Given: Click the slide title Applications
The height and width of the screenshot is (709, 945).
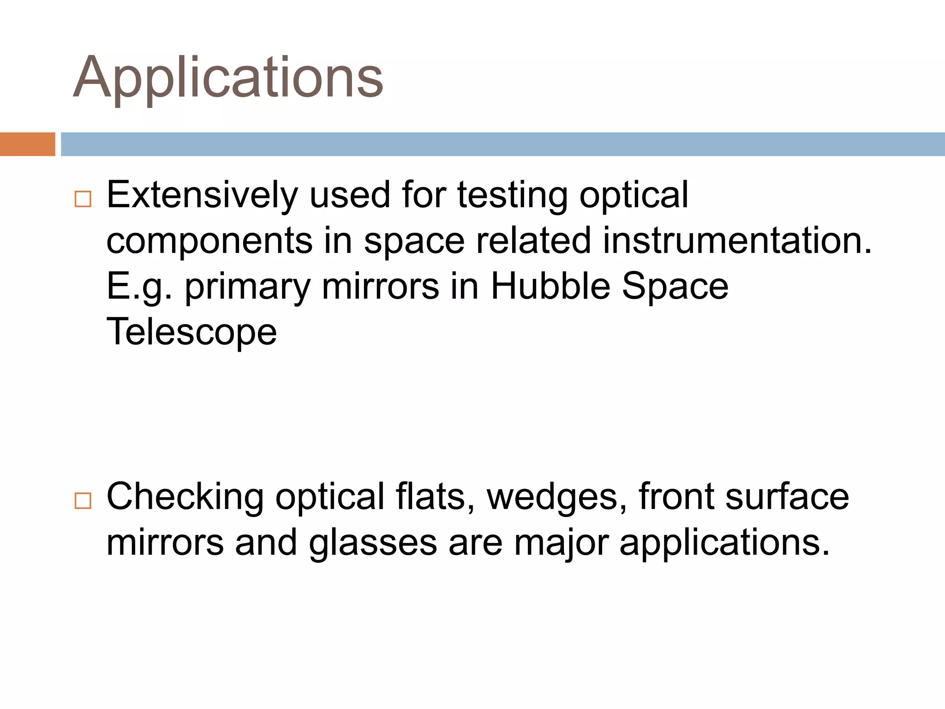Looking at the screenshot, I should (228, 78).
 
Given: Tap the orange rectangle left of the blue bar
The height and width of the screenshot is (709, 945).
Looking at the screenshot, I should (27, 144).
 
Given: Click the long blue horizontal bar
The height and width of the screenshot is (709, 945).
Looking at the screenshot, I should (502, 144).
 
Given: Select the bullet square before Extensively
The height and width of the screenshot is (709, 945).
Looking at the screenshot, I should (83, 199).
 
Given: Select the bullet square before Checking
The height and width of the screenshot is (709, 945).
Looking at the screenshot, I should (83, 500).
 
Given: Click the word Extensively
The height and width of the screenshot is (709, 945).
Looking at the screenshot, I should (202, 195).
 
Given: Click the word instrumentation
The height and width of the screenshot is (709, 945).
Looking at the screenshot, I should (737, 240).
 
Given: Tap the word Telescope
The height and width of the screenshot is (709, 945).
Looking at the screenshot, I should (191, 332).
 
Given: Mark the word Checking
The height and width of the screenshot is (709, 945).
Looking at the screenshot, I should (185, 497).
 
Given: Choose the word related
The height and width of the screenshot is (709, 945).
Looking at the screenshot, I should (533, 240).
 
